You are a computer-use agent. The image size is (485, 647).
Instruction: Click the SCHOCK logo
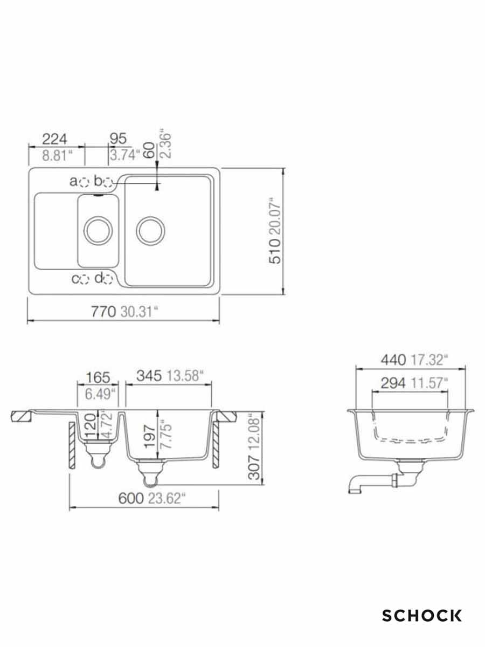(x=422, y=615)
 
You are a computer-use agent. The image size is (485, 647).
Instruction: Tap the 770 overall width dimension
(x=104, y=312)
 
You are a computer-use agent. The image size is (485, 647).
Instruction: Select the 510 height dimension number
(x=275, y=252)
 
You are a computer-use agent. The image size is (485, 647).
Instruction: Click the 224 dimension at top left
(x=55, y=139)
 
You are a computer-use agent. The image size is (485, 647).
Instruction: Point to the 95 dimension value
(x=117, y=139)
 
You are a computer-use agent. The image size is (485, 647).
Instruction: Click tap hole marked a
(x=84, y=182)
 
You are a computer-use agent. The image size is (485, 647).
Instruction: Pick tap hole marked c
(x=85, y=279)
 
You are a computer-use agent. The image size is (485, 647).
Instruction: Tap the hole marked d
(x=108, y=279)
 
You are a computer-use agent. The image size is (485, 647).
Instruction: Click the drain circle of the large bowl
(x=149, y=230)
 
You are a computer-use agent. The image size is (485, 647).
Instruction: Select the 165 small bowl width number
(x=98, y=377)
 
